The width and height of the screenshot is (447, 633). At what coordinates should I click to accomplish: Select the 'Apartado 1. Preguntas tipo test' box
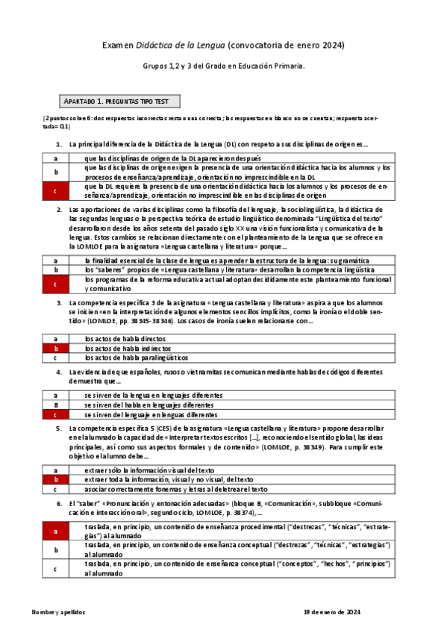[x=118, y=101]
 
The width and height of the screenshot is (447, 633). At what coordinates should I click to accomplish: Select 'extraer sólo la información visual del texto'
[x=150, y=470]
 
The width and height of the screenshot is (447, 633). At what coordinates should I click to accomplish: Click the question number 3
[x=59, y=303]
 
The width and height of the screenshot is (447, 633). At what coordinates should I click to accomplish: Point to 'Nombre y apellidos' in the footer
[x=58, y=611]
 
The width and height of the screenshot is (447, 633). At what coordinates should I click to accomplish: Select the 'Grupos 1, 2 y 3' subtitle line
[x=223, y=66]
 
